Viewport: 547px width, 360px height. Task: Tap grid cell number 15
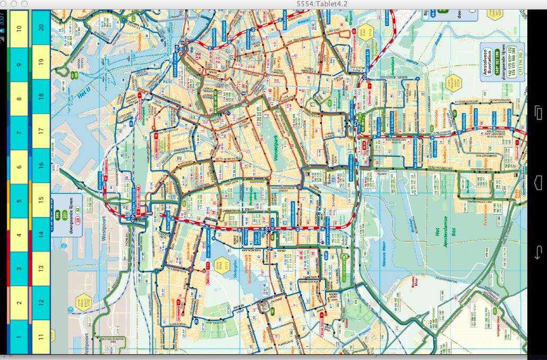point(41,201)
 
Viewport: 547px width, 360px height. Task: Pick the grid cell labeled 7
point(19,132)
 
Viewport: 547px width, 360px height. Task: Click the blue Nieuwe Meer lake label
point(386,258)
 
